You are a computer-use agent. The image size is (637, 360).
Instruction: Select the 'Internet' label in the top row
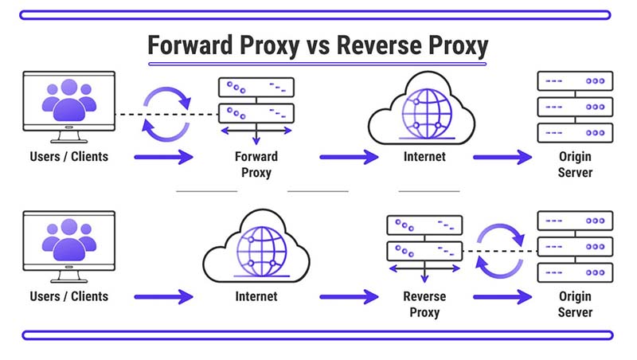click(424, 157)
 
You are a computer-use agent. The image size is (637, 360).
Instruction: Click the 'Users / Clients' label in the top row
click(68, 157)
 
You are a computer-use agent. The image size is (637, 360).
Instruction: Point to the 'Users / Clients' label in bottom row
click(68, 296)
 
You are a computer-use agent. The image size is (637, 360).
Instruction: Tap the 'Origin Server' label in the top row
click(576, 164)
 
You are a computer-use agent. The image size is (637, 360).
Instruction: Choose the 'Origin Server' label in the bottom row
click(576, 303)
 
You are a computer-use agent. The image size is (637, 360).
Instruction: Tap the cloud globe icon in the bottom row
click(256, 246)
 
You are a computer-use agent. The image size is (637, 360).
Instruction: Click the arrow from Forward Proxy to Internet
click(347, 158)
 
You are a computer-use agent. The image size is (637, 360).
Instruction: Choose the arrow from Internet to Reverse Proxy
click(347, 297)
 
